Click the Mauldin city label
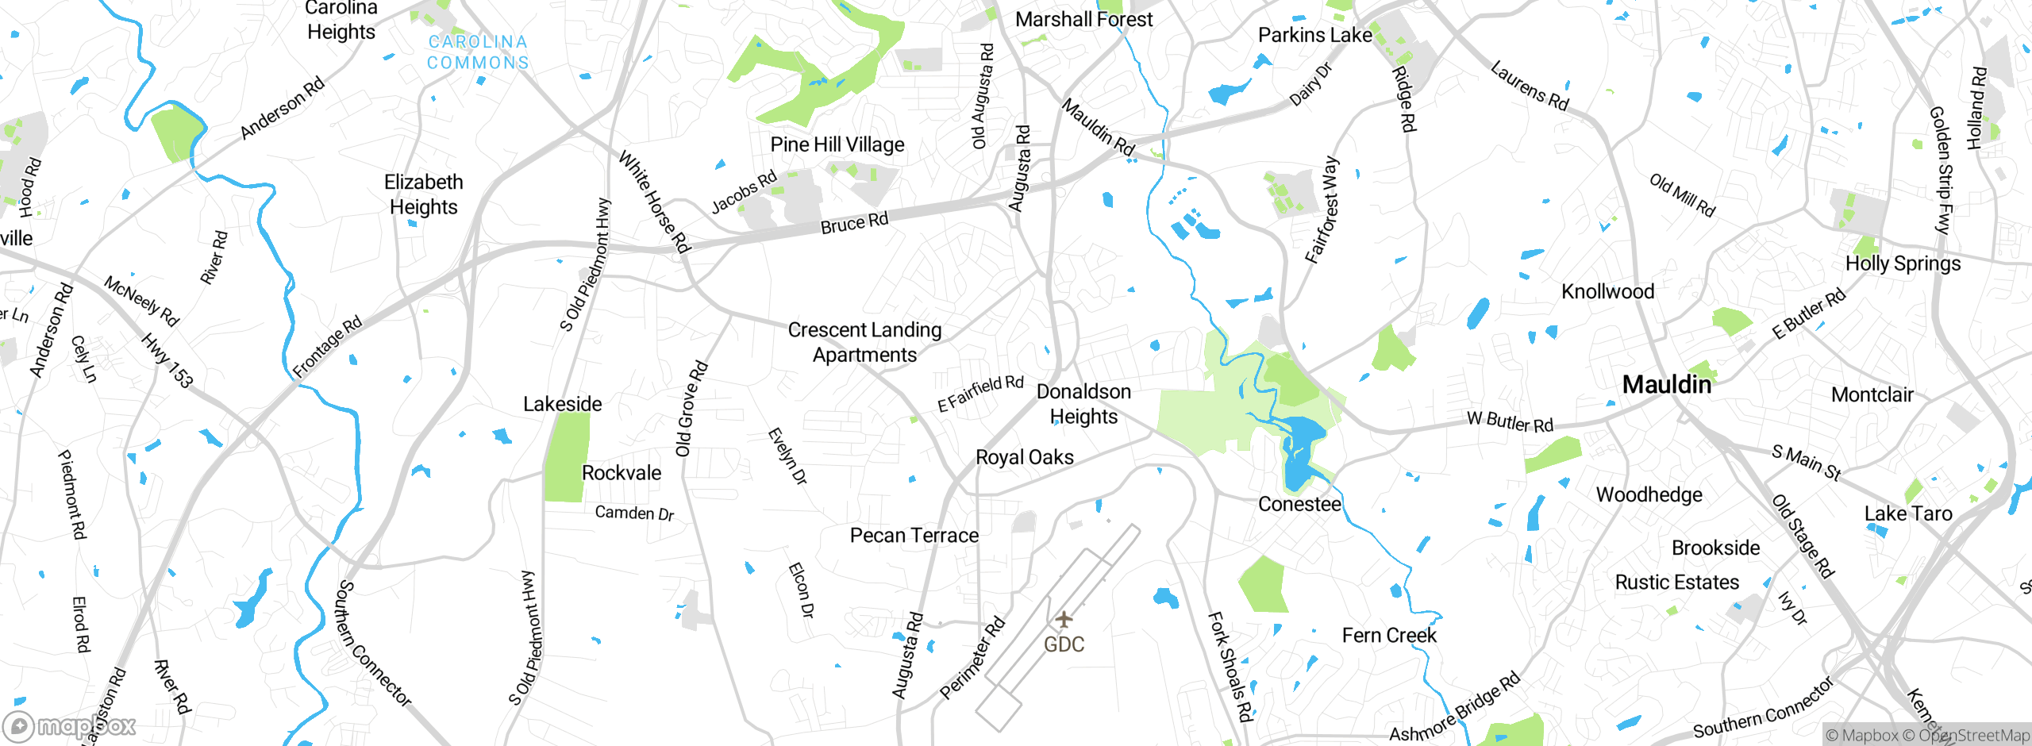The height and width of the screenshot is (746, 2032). click(x=1666, y=385)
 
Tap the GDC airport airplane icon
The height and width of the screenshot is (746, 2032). click(x=1064, y=619)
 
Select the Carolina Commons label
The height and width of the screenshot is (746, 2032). click(x=478, y=52)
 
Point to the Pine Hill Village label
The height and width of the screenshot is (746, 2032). click(x=837, y=144)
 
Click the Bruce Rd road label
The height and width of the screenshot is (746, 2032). click(x=854, y=223)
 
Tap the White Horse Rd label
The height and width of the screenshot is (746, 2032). click(x=654, y=202)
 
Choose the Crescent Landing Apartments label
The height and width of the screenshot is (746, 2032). click(x=864, y=342)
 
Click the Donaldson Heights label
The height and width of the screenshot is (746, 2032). click(x=1083, y=404)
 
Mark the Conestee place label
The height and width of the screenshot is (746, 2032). click(x=1299, y=505)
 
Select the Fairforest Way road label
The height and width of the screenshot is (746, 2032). click(x=1322, y=210)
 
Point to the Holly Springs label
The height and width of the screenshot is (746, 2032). click(x=1903, y=263)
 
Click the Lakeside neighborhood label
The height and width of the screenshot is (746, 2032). click(x=562, y=404)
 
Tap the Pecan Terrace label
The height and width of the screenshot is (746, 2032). click(x=914, y=536)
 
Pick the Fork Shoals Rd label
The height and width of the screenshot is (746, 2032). click(x=1230, y=667)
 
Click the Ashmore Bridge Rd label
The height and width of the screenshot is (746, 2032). click(x=1454, y=708)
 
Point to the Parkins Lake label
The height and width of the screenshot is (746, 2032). click(x=1314, y=35)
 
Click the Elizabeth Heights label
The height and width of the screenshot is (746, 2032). click(x=423, y=194)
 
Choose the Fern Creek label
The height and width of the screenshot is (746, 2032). click(x=1389, y=636)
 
